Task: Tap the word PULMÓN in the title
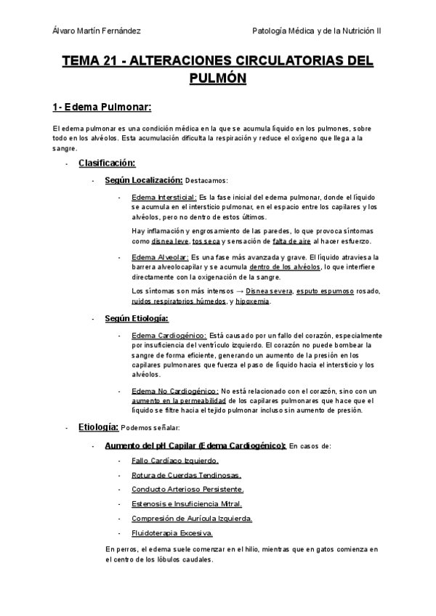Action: [217, 78]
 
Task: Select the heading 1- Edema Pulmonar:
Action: [101, 108]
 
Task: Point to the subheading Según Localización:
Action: [143, 180]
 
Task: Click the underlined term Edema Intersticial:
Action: [163, 197]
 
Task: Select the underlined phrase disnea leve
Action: [170, 241]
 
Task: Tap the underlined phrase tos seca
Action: [206, 241]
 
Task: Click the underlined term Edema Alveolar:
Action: [159, 257]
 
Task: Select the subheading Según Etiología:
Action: [137, 318]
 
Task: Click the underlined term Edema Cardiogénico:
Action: [169, 336]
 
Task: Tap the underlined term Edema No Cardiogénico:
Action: [175, 391]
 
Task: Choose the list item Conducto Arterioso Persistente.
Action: [187, 490]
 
